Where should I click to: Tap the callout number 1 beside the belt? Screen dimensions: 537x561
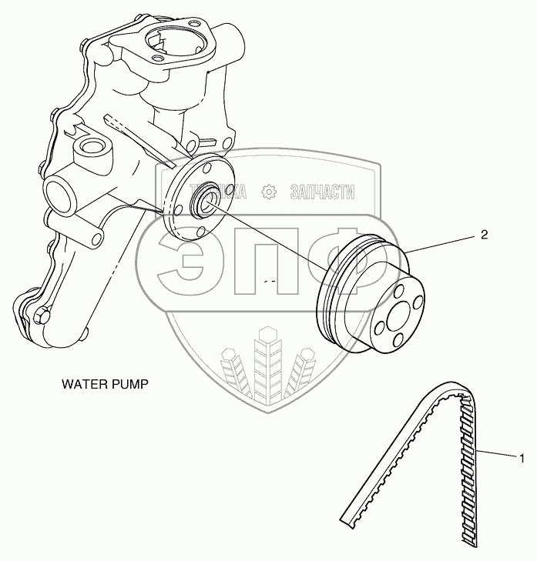[x=522, y=459]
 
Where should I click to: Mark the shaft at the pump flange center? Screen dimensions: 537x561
[x=206, y=202]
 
